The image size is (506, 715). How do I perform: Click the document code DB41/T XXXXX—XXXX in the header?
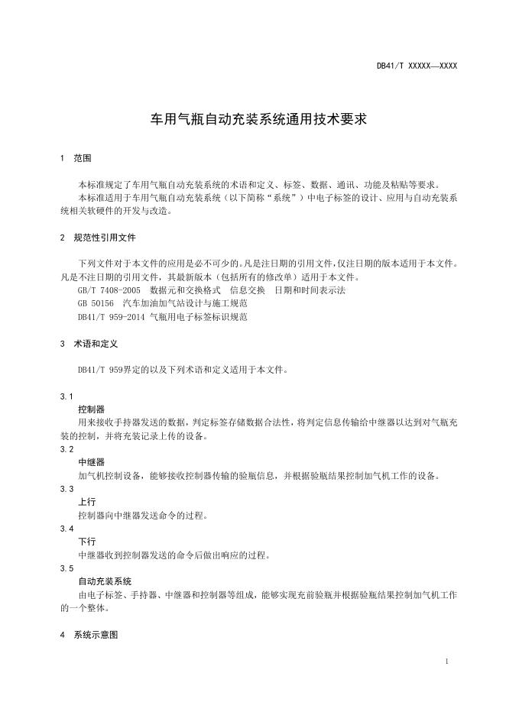pyautogui.click(x=417, y=66)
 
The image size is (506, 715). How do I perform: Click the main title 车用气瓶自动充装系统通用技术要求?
pyautogui.click(x=252, y=120)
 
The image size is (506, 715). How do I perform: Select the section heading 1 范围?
pyautogui.click(x=76, y=159)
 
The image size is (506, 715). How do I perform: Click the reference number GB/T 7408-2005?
pyautogui.click(x=109, y=290)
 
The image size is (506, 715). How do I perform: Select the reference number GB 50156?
pyautogui.click(x=95, y=303)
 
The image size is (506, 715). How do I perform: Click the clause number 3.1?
pyautogui.click(x=66, y=396)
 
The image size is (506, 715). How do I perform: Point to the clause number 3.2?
pyautogui.click(x=66, y=450)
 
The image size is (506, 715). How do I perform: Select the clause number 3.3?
pyautogui.click(x=66, y=489)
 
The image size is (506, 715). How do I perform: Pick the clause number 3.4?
pyautogui.click(x=66, y=529)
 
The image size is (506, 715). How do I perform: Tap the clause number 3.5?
pyautogui.click(x=66, y=568)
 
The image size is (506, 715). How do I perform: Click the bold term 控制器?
pyautogui.click(x=91, y=409)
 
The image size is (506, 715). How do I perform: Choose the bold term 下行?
pyautogui.click(x=86, y=542)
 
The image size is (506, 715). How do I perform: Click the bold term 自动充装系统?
pyautogui.click(x=105, y=581)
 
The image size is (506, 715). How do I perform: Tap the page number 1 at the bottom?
pyautogui.click(x=446, y=661)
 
